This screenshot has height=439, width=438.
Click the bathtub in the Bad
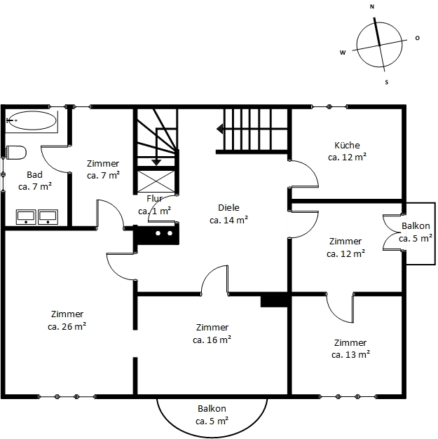[x=32, y=120]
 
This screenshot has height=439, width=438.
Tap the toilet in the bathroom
[x=15, y=153]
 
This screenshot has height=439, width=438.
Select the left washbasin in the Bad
[x=26, y=217]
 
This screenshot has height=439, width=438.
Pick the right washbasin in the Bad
[x=48, y=217]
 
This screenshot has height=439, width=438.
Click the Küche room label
[x=347, y=146]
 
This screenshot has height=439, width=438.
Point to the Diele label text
[x=228, y=208]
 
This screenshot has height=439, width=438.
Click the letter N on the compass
[x=372, y=7]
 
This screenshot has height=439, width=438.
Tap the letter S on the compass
[x=387, y=83]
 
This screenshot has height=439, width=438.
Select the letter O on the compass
[x=417, y=38]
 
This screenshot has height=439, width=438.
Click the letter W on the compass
[x=343, y=53]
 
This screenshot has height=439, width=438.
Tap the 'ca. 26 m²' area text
[x=67, y=326]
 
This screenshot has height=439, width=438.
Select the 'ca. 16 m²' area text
[x=212, y=340]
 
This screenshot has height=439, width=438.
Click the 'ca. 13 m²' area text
[x=350, y=354]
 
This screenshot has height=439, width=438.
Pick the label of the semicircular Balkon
[x=212, y=409]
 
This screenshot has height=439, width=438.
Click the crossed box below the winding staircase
[x=156, y=182]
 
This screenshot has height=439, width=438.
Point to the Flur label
[x=154, y=199]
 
